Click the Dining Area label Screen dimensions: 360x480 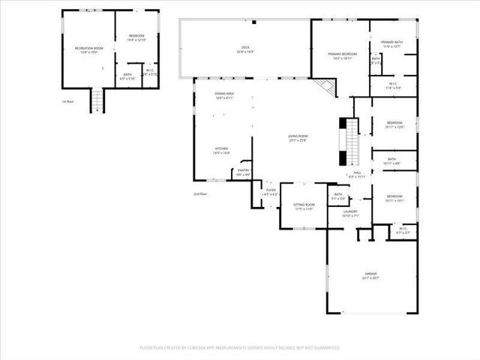pos(224,95)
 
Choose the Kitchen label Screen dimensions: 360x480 pos(222,150)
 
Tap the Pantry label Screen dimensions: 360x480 pos(244,172)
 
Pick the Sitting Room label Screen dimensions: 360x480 pos(304,205)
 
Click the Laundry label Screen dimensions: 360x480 pos(350,213)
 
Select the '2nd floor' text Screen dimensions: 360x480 pos(199,193)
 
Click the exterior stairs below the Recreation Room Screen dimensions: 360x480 pos(96,99)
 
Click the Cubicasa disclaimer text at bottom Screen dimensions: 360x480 pos(240,348)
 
